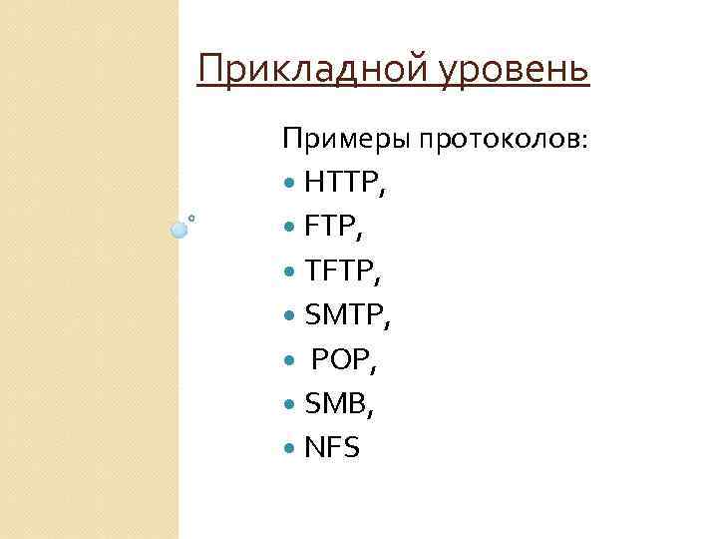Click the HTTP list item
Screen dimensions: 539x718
pos(345,184)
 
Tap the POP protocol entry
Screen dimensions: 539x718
pos(344,360)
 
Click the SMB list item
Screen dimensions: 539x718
pos(340,404)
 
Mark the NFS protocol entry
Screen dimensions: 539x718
pos(332,448)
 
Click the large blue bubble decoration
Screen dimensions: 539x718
pos(179,231)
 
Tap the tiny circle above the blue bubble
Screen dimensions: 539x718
pos(190,217)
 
